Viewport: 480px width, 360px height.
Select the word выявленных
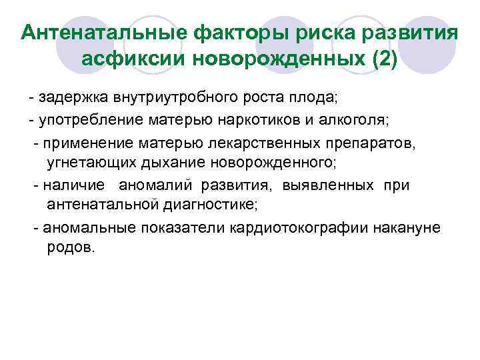(329, 185)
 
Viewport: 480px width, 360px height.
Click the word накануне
(408, 227)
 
